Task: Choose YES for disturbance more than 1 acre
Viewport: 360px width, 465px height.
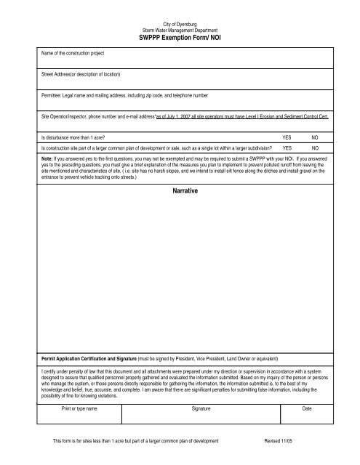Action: point(287,137)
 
